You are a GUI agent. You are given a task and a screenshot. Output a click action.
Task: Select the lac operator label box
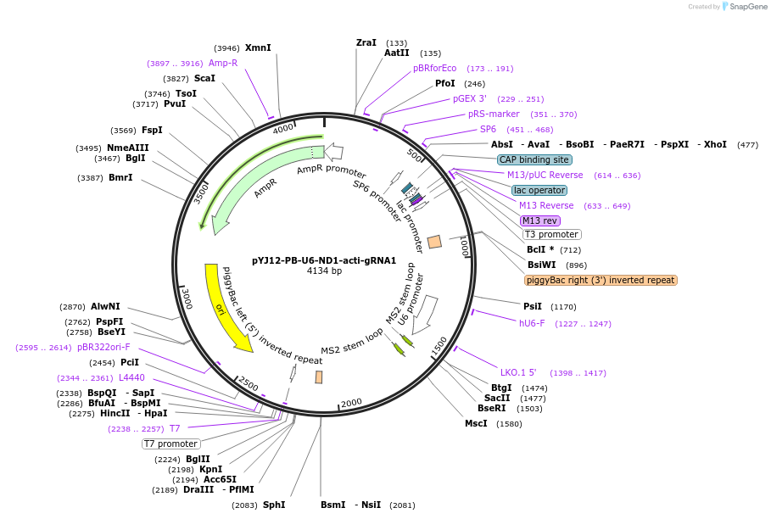coord(539,190)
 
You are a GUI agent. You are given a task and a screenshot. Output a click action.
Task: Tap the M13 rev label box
coord(540,220)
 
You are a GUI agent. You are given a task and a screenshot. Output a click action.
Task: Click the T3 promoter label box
coord(551,235)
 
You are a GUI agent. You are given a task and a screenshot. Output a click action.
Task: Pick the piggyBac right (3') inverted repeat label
coord(601,280)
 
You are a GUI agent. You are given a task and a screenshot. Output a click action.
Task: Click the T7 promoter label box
coord(170,444)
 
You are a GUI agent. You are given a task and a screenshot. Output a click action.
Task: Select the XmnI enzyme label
coord(258,48)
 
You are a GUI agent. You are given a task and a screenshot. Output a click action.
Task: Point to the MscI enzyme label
coord(476,423)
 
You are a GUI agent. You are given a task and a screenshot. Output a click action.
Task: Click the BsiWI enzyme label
coord(540,265)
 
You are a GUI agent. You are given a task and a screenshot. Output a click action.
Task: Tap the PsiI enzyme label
coord(533,306)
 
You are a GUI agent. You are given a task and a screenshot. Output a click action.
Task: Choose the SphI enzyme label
coord(274,505)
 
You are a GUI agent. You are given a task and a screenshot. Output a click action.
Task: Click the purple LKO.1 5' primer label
coord(518,372)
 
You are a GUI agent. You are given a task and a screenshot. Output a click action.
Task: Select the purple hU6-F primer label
coord(532,323)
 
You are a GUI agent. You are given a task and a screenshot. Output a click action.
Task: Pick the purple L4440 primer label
coord(131,377)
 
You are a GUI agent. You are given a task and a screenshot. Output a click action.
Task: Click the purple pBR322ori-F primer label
coord(103,347)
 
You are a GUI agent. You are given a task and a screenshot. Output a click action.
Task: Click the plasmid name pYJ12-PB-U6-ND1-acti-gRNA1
coord(324,260)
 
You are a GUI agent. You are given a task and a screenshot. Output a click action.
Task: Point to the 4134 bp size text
coord(324,271)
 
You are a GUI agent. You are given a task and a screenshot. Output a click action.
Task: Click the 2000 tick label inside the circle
coord(351,403)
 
